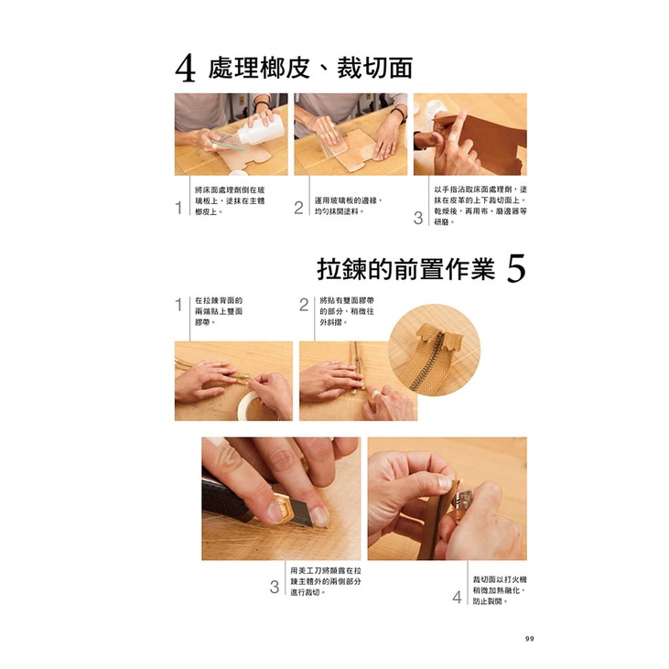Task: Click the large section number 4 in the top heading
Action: tap(185, 70)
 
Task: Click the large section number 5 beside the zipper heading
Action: tap(516, 268)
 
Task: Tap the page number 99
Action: tap(530, 639)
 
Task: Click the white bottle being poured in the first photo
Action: tap(260, 128)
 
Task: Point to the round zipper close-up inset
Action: tap(435, 350)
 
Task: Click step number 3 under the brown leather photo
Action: tap(418, 218)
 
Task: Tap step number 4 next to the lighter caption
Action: tap(457, 597)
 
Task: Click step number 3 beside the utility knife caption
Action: tap(275, 587)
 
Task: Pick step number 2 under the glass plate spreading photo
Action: tap(298, 208)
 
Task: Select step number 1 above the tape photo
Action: tap(178, 305)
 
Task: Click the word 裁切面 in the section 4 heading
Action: tap(374, 69)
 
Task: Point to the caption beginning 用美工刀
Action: tap(326, 581)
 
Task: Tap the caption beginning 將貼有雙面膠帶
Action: tap(347, 311)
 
